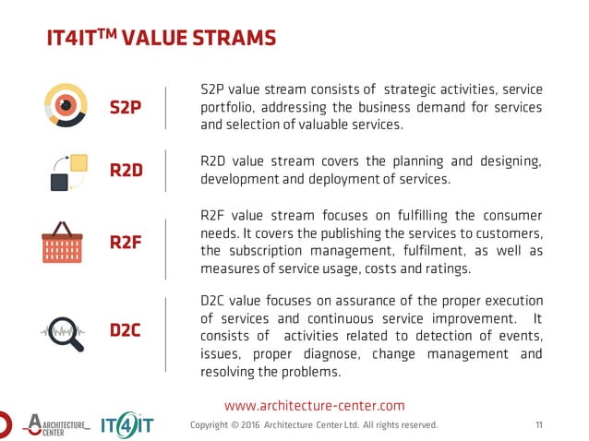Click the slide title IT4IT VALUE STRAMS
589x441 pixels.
coord(161,38)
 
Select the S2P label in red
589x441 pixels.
coord(126,107)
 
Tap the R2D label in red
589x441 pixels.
coord(126,170)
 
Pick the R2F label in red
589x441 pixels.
coord(126,244)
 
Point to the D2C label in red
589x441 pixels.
coord(126,330)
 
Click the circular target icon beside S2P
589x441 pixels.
coord(66,106)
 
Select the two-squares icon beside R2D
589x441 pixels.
coord(68,172)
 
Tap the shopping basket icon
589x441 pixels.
coord(62,243)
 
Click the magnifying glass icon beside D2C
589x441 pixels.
coord(64,333)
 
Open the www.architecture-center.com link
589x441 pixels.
coord(315,405)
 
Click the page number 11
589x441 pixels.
coord(539,425)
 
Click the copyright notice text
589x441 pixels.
coord(314,425)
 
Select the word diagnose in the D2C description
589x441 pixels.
coord(332,354)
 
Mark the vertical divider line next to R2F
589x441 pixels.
coord(165,248)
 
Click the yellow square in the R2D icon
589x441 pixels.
coord(78,162)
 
